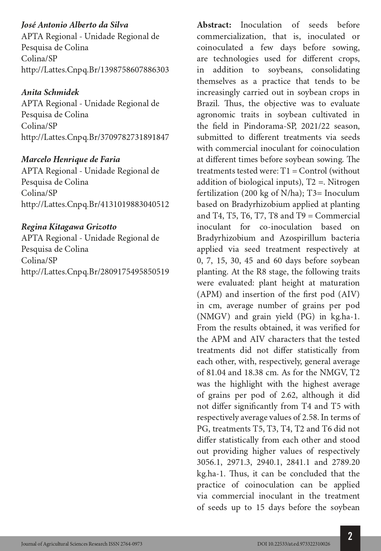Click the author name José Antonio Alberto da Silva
pos(75,25)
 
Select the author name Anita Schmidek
pos(50,92)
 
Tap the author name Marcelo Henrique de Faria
pos(71,159)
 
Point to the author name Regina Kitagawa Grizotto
pos(69,227)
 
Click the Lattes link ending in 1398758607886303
pos(95,70)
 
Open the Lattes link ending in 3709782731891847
pos(95,137)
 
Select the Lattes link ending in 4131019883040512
pos(95,204)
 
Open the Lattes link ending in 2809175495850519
pos(95,272)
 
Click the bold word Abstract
pos(214,25)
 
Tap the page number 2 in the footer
pos(350,536)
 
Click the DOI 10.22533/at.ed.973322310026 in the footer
pos(294,544)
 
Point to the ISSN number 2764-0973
pos(131,544)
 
